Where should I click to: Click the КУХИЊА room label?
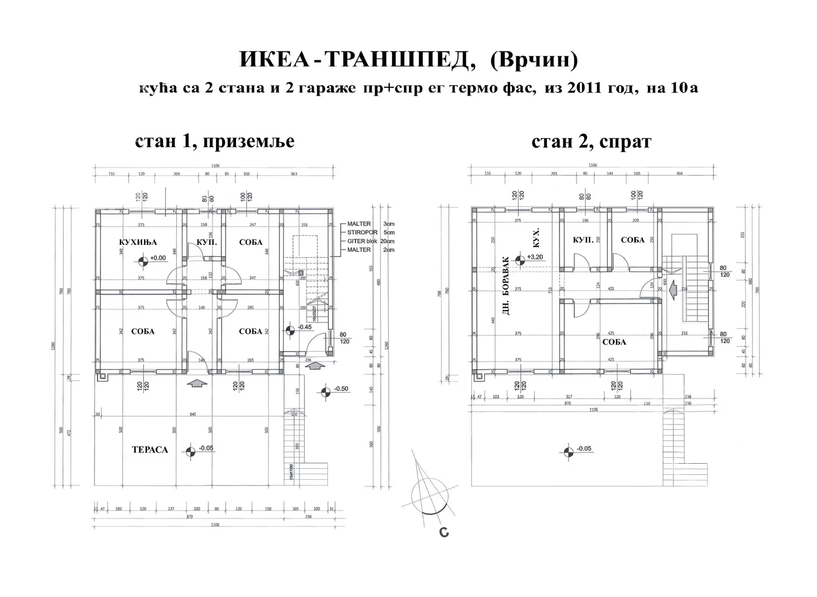pyautogui.click(x=138, y=242)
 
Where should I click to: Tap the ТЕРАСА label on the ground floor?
pyautogui.click(x=150, y=450)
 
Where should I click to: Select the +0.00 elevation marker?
pyautogui.click(x=143, y=259)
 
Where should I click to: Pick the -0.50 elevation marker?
pyautogui.click(x=326, y=391)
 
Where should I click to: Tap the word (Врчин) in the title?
pyautogui.click(x=534, y=60)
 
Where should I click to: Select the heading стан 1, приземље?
pyautogui.click(x=214, y=142)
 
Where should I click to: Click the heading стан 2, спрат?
pyautogui.click(x=591, y=142)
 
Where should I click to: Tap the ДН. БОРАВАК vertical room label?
pyautogui.click(x=505, y=285)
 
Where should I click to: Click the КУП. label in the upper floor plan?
pyautogui.click(x=583, y=240)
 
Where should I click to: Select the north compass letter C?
pyautogui.click(x=443, y=532)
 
